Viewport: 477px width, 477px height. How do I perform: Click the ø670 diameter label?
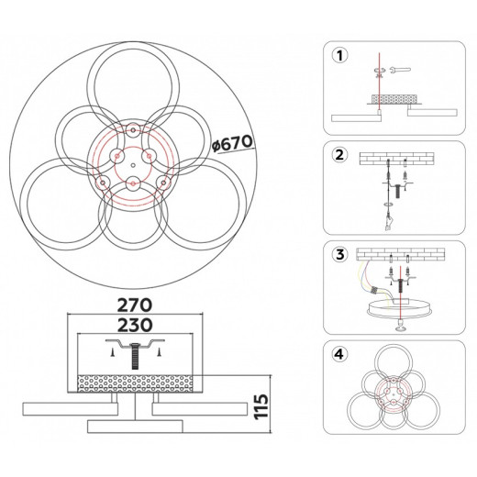tap(233, 143)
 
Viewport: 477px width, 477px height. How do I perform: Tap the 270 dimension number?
tap(135, 305)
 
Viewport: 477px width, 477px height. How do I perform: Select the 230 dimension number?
tap(135, 325)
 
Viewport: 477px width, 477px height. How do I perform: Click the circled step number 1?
tap(339, 56)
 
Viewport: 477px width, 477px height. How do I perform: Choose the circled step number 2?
tap(339, 155)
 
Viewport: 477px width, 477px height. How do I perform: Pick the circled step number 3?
tap(339, 254)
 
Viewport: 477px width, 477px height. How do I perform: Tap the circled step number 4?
tap(339, 354)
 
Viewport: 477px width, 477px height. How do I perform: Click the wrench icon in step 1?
tap(400, 71)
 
